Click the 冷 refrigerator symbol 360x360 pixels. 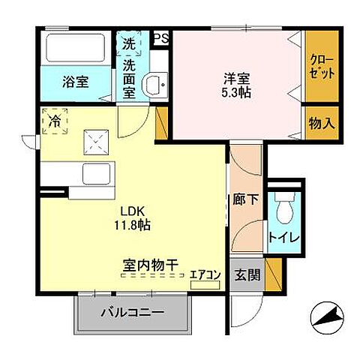coord(54,121)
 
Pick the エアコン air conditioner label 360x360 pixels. coord(205,275)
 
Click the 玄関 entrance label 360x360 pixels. coord(247,275)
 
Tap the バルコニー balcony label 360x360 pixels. coord(132,311)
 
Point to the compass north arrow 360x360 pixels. coord(325,318)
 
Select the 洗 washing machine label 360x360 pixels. coord(129,44)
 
